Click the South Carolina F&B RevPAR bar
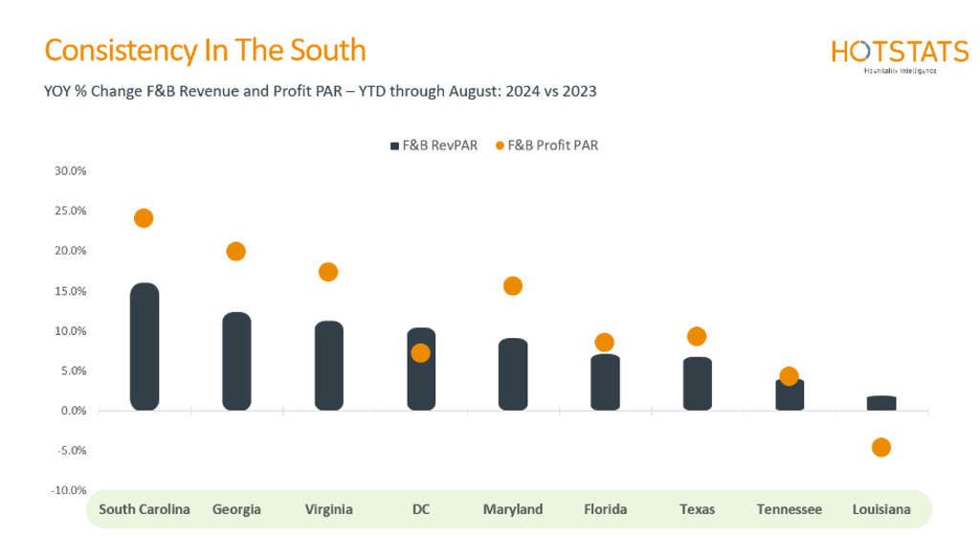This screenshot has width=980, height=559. click(x=144, y=347)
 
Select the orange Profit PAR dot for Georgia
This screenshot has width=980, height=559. click(x=235, y=252)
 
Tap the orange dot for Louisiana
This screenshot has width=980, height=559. click(x=881, y=447)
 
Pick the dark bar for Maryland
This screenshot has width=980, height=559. click(x=513, y=374)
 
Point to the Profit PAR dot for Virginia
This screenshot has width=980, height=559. click(x=328, y=272)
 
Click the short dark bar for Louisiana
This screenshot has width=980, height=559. click(x=881, y=403)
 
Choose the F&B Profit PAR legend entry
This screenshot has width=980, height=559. click(x=547, y=145)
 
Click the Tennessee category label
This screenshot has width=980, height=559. click(x=790, y=509)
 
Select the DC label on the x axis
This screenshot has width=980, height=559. click(x=421, y=509)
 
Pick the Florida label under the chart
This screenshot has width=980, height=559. click(x=605, y=509)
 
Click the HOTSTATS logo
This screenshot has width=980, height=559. click(x=900, y=55)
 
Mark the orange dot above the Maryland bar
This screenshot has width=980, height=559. click(x=513, y=286)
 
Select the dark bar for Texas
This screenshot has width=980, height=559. click(x=698, y=384)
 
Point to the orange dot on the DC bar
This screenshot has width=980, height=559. click(x=421, y=353)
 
